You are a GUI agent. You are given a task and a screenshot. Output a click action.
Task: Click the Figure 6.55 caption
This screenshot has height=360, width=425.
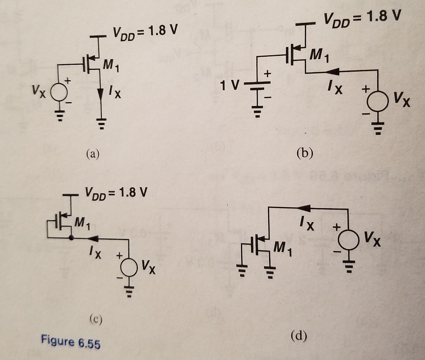(x=71, y=341)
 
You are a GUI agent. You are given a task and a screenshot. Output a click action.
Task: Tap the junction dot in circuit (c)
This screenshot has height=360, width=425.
(x=71, y=239)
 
